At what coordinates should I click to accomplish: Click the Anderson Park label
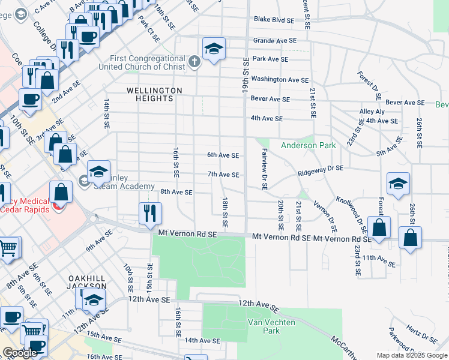pyautogui.click(x=309, y=145)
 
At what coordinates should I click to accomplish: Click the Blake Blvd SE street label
pyautogui.click(x=274, y=20)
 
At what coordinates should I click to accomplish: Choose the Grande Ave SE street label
pyautogui.click(x=275, y=41)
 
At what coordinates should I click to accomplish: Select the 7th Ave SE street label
pyautogui.click(x=223, y=175)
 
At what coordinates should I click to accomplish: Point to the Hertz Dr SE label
pyautogui.click(x=420, y=332)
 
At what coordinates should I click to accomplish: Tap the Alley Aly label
pyautogui.click(x=372, y=112)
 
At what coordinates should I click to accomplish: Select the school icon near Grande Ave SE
pyautogui.click(x=214, y=49)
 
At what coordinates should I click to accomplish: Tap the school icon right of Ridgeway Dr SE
pyautogui.click(x=398, y=184)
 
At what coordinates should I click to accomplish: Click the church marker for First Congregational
pyautogui.click(x=194, y=61)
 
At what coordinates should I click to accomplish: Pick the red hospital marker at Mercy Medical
pyautogui.click(x=58, y=207)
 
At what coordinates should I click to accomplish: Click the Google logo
pyautogui.click(x=20, y=353)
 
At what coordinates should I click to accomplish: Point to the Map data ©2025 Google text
pyautogui.click(x=411, y=355)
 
